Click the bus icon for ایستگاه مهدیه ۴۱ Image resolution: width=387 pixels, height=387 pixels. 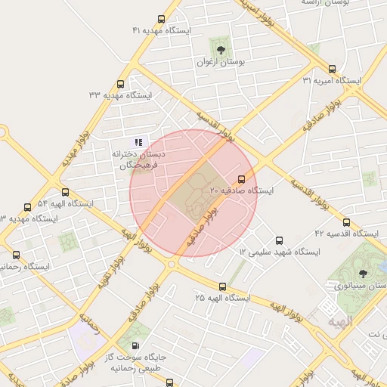pos(161,19)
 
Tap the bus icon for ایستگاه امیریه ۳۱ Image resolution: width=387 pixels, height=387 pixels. pos(333,69)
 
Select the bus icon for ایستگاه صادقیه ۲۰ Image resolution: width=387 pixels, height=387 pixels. pos(242,179)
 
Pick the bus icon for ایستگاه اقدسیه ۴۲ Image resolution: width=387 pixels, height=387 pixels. pos(346,223)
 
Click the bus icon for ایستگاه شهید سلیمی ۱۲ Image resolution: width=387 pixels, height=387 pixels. pos(280,240)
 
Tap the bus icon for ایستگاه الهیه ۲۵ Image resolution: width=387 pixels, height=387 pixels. pos(222,286)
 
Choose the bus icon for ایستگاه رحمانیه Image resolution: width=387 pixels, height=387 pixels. pos(17,255)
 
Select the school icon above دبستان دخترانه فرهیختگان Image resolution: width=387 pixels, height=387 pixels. pos(138,141)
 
